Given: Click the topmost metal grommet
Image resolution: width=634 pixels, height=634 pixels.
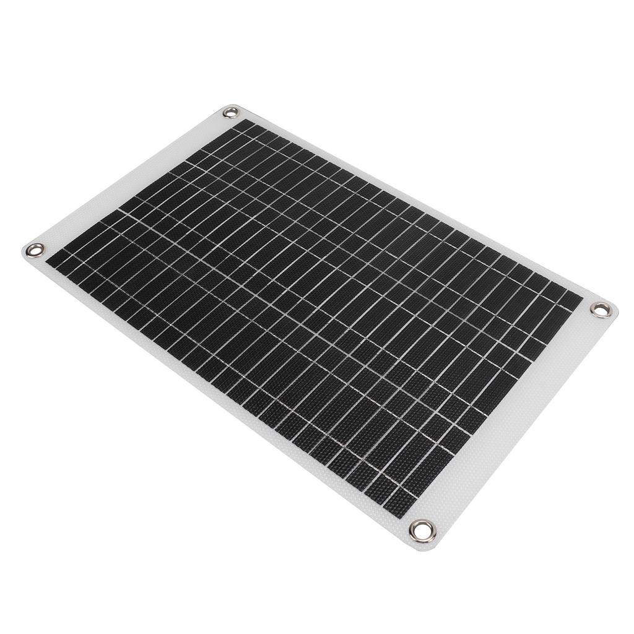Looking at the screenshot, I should [231, 113].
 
